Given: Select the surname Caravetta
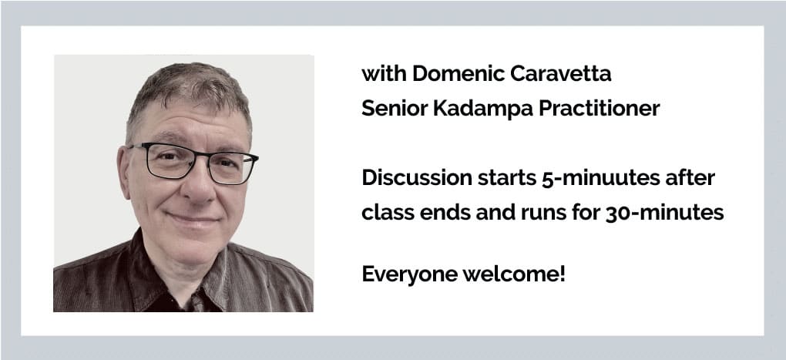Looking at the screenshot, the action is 561,74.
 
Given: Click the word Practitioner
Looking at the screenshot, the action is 600,108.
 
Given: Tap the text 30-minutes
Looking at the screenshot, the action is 665,214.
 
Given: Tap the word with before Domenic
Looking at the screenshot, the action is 384,74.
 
